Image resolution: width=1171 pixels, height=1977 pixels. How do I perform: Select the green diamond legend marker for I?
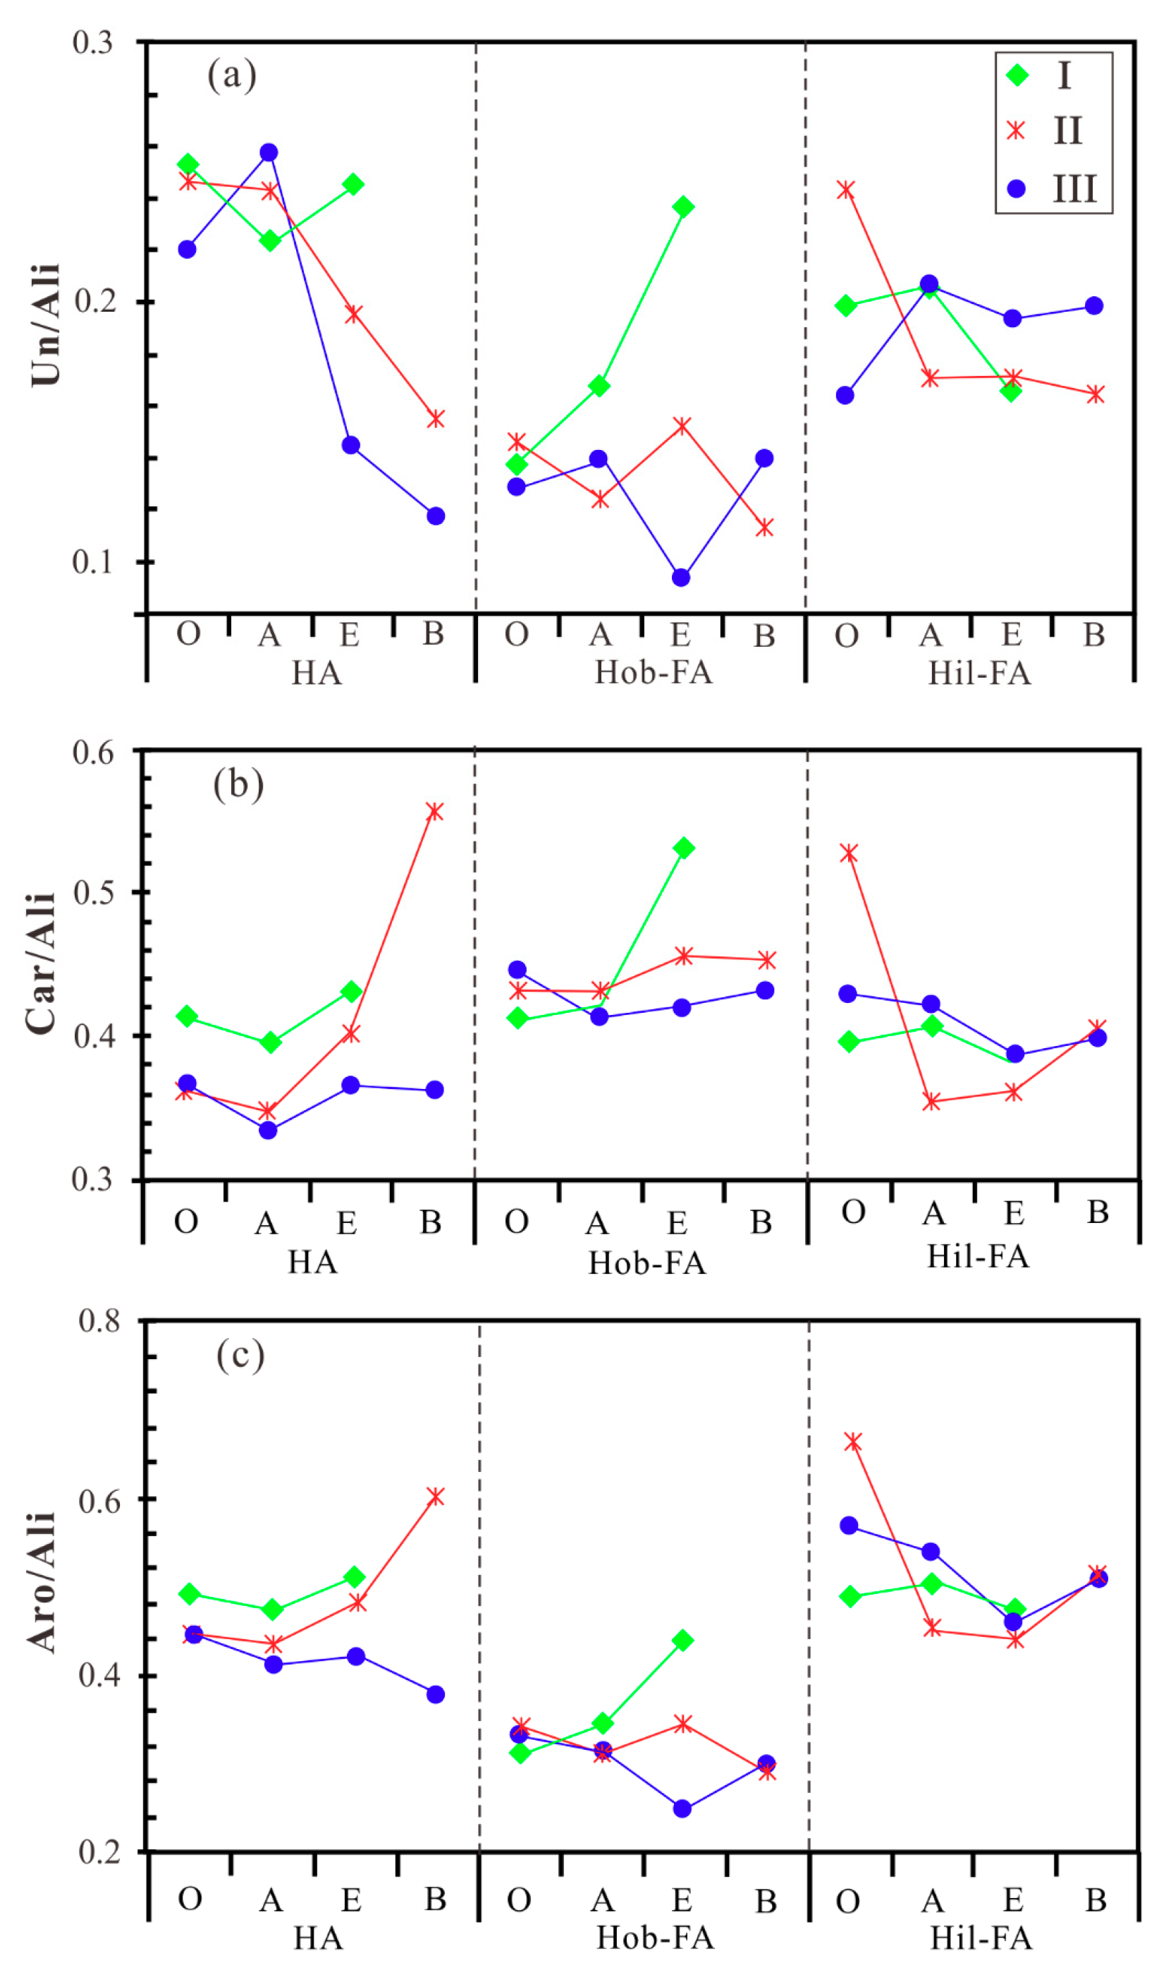click(1018, 75)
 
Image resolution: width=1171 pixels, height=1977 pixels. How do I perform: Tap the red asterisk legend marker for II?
click(1017, 131)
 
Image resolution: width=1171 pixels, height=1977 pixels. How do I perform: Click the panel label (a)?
click(232, 75)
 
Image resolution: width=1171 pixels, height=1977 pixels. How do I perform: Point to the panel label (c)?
click(240, 1355)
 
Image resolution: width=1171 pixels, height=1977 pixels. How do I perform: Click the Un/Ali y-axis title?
click(46, 325)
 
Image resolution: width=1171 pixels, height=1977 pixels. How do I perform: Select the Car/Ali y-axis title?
click(41, 963)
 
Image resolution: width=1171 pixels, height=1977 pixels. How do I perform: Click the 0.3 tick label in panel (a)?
click(93, 42)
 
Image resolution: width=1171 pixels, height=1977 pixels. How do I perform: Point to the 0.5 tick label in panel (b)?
click(93, 893)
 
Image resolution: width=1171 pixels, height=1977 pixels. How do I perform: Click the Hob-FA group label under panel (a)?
click(654, 672)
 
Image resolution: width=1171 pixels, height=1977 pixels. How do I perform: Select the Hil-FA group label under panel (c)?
click(981, 1938)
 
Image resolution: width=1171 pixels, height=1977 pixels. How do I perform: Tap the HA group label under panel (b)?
click(312, 1262)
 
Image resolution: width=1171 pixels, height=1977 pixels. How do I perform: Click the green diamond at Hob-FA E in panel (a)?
click(683, 207)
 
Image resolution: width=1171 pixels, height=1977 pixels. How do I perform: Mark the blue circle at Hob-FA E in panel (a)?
click(681, 578)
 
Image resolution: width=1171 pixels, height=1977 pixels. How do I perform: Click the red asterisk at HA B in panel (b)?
click(435, 812)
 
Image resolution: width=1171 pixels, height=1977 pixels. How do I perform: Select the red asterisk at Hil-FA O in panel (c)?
click(852, 1442)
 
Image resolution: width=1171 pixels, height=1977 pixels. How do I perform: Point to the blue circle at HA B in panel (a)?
click(436, 516)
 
